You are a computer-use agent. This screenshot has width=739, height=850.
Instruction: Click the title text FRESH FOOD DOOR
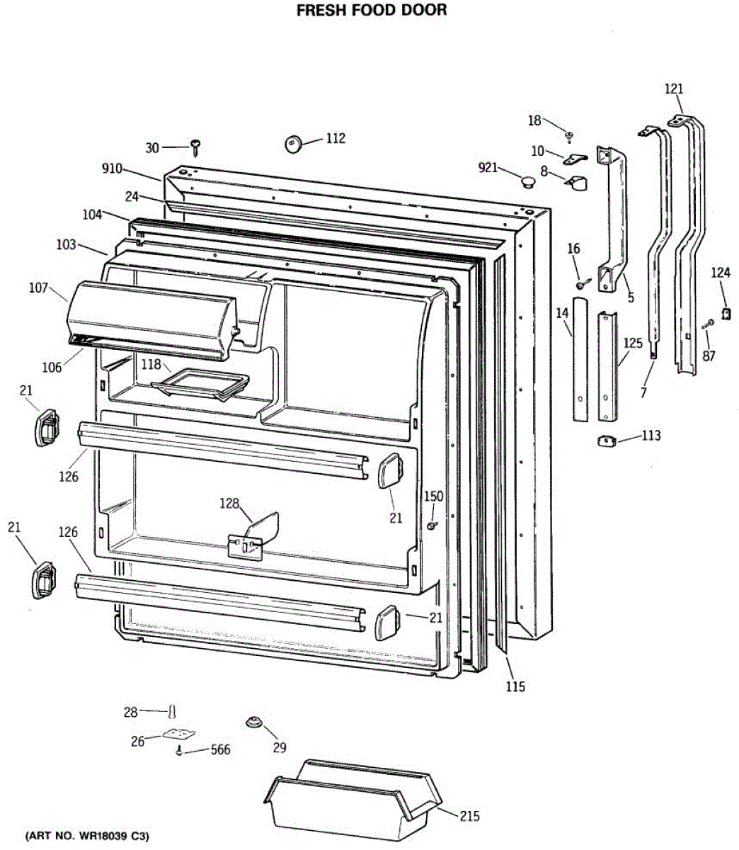(371, 11)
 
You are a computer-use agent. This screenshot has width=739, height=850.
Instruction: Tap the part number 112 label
(336, 138)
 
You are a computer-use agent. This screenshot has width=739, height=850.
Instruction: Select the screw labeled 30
(195, 147)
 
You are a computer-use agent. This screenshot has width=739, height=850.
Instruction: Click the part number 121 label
(674, 89)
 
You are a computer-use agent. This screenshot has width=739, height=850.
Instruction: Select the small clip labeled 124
(725, 312)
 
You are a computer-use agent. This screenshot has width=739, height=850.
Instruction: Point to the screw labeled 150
(431, 526)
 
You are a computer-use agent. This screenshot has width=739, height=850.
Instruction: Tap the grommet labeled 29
(253, 722)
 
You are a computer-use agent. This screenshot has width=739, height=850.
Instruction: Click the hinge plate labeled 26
(177, 735)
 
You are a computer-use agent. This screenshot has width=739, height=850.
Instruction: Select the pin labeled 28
(171, 710)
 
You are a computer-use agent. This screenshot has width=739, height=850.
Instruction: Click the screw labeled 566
(181, 751)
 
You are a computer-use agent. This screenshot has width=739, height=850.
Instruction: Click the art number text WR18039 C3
(88, 837)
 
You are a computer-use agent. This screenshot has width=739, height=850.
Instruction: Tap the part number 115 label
(515, 686)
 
